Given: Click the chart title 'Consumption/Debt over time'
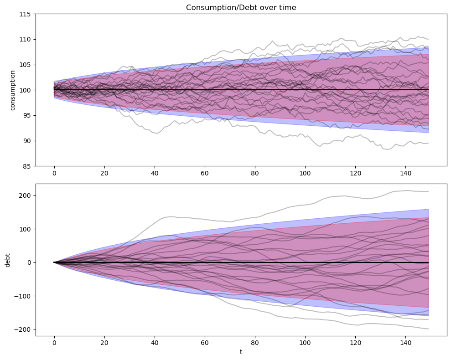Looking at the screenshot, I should tap(241, 7).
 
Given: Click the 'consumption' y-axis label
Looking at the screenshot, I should tap(13, 90).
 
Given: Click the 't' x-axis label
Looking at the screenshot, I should tap(241, 352).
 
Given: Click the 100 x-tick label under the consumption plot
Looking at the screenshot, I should tap(305, 173).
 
